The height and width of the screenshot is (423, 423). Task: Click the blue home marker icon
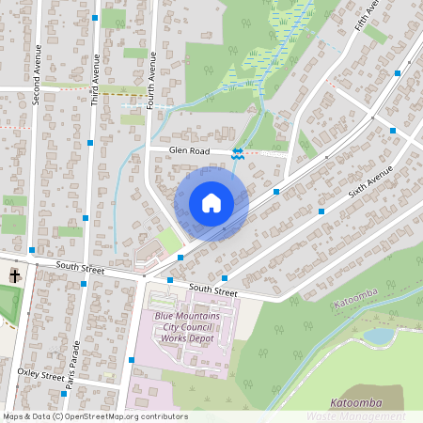[x=211, y=203]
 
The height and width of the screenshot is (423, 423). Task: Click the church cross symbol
[x=14, y=275]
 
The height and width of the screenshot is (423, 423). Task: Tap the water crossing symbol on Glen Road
[x=239, y=153]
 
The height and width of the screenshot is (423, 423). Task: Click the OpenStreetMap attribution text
[x=94, y=415]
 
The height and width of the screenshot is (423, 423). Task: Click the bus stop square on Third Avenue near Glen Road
[x=89, y=143]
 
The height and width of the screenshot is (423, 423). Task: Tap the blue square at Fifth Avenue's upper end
[x=397, y=72]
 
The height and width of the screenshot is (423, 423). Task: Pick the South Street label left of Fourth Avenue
[x=79, y=268]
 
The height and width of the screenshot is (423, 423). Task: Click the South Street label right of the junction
[x=212, y=290]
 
